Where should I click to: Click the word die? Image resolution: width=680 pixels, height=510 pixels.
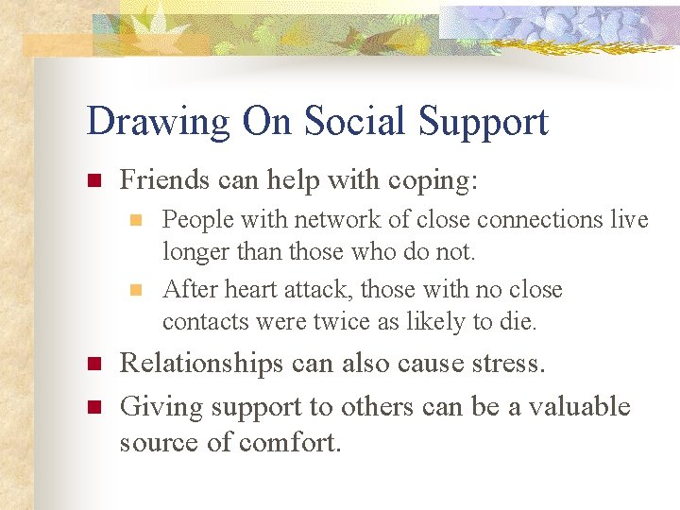coord(519,321)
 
